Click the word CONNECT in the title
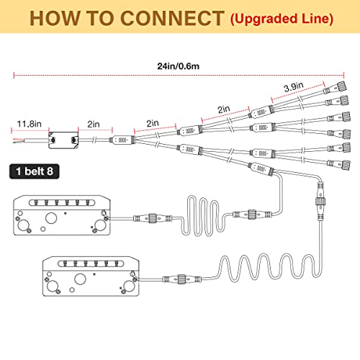click(172, 18)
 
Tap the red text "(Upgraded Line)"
click(282, 19)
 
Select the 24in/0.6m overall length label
click(179, 66)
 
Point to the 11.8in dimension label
click(29, 124)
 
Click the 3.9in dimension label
click(294, 86)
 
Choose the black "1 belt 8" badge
click(35, 171)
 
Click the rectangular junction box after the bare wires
click(63, 140)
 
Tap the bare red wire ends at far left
click(17, 140)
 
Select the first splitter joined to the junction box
click(122, 140)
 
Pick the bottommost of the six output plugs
click(339, 164)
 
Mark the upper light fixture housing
click(62, 215)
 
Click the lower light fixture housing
click(91, 276)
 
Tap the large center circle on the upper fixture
click(51, 217)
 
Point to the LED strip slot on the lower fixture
click(91, 264)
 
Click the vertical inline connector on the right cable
click(320, 201)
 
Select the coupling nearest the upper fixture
click(153, 218)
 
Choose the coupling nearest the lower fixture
click(181, 279)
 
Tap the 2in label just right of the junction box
click(94, 124)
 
